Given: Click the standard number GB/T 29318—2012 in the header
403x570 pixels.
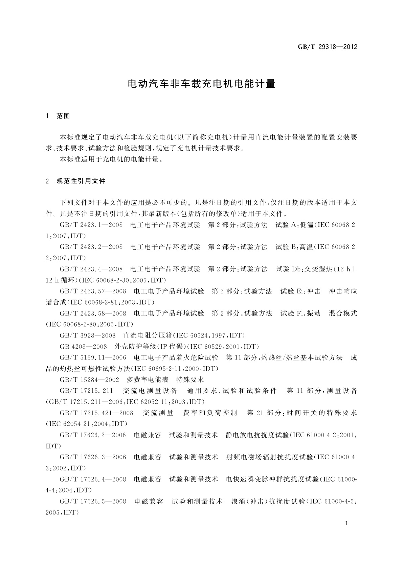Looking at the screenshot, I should pyautogui.click(x=327, y=47).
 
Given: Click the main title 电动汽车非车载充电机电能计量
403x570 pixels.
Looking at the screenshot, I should pyautogui.click(x=202, y=84).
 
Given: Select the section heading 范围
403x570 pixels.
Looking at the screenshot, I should pyautogui.click(x=63, y=116).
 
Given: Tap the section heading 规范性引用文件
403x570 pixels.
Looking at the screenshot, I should pyautogui.click(x=81, y=181).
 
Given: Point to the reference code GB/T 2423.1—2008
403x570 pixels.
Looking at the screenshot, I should pyautogui.click(x=91, y=225).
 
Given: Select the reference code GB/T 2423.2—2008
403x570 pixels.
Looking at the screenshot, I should pyautogui.click(x=91, y=247).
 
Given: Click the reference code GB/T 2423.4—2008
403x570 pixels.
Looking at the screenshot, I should pyautogui.click(x=91, y=269).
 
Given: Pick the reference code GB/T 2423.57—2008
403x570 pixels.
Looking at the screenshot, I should pyautogui.click(x=93, y=291).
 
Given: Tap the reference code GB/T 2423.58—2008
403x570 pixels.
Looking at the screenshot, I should pyautogui.click(x=93, y=313).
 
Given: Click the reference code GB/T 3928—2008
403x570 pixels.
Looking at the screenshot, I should pyautogui.click(x=87, y=335).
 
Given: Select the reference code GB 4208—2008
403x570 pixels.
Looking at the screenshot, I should pyautogui.click(x=83, y=347).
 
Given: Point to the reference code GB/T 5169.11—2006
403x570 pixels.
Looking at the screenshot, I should pyautogui.click(x=93, y=357).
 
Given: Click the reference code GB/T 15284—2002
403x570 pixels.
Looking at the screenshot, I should pyautogui.click(x=89, y=379).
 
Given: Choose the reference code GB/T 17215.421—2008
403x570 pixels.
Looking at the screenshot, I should pyautogui.click(x=96, y=413).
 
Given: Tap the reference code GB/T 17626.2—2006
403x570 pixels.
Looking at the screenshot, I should pyautogui.click(x=93, y=435).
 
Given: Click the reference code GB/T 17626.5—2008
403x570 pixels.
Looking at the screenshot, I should pyautogui.click(x=93, y=501).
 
